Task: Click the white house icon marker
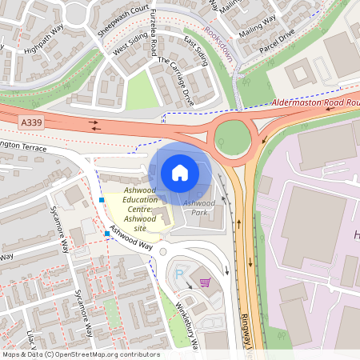(179, 172)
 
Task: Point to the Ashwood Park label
(199, 208)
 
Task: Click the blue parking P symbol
(179, 274)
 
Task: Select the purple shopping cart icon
(205, 282)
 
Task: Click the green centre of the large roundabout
(232, 138)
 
